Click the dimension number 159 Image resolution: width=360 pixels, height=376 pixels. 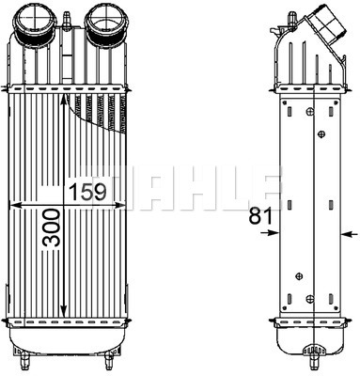coord(88,192)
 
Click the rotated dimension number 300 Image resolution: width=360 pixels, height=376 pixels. coord(51,228)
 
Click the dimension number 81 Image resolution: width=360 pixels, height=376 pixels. coord(260,216)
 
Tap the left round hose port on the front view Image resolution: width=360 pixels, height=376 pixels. coord(37,25)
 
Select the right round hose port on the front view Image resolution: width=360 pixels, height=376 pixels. coord(105,25)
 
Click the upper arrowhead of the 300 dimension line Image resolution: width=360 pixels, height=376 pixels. coord(63,102)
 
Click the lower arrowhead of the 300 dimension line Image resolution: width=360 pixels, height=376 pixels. coord(63,311)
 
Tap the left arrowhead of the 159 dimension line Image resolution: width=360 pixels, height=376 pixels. coord(17,205)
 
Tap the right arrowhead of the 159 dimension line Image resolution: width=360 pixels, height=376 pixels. coord(119,205)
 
